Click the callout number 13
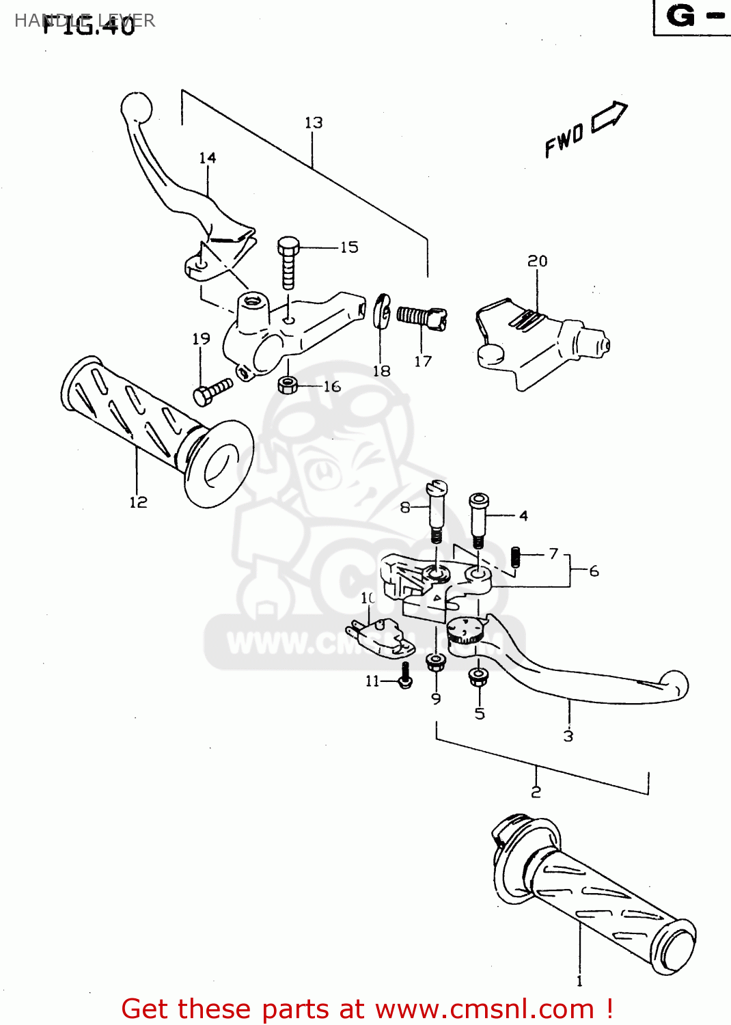[314, 123]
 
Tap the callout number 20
[537, 261]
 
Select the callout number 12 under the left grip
[138, 502]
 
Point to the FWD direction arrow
[609, 115]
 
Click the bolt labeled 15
[288, 262]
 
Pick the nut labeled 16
[288, 385]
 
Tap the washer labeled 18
[382, 311]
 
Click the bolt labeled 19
[212, 392]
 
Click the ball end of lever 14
[136, 107]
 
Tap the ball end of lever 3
[676, 684]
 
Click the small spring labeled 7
[516, 557]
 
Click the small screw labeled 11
[405, 676]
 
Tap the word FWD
[564, 141]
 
